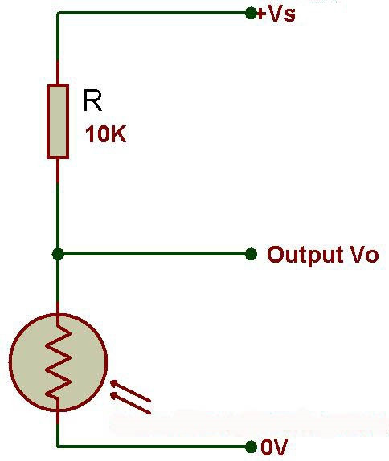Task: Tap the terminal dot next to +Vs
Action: coord(251,13)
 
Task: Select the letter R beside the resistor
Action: coord(93,100)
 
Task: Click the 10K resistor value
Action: coord(105,135)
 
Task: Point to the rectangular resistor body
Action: coord(58,120)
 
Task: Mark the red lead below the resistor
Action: coord(58,170)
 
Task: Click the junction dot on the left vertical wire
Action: coord(58,254)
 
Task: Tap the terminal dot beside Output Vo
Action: coord(251,254)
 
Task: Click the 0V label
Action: coord(275,447)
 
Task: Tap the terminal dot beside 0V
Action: coord(251,446)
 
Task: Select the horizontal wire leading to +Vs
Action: coord(153,13)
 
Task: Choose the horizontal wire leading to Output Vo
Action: coord(153,254)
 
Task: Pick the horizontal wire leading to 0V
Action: coord(153,446)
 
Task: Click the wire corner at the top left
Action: coord(58,13)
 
